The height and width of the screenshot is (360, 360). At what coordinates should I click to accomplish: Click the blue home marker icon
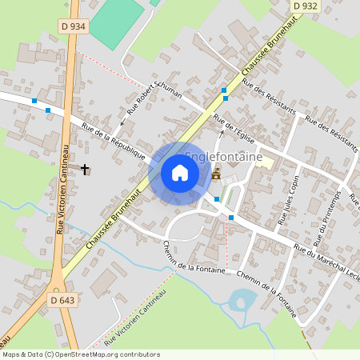(x=180, y=173)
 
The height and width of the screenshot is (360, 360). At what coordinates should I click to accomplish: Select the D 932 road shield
(x=305, y=6)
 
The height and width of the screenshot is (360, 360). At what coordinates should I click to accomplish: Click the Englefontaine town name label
(x=224, y=158)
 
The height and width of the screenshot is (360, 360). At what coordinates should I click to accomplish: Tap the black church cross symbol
(x=86, y=169)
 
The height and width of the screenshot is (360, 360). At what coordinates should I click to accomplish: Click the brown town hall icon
(x=216, y=173)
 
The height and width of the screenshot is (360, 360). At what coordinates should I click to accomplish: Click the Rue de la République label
(x=113, y=140)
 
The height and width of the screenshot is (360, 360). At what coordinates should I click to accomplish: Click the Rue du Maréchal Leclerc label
(x=328, y=264)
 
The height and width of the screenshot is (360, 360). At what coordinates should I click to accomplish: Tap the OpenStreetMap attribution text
(x=80, y=354)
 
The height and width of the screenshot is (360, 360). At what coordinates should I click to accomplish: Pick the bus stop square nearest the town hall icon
(x=216, y=198)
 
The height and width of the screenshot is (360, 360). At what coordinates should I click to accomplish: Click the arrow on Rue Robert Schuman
(x=122, y=123)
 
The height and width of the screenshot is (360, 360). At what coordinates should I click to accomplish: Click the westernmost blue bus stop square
(x=34, y=102)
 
